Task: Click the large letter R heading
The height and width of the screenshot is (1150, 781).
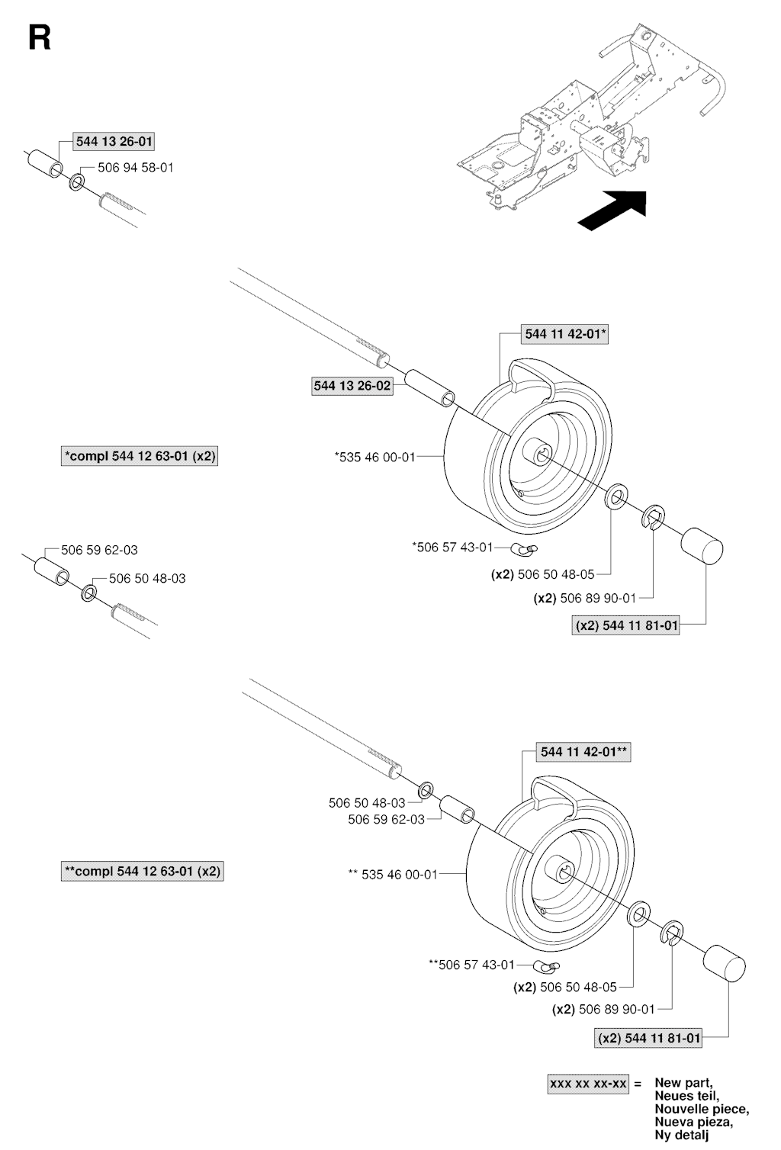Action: pos(39,37)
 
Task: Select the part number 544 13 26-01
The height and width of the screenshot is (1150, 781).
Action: pos(114,141)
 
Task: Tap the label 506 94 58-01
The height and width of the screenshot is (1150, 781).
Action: pos(135,167)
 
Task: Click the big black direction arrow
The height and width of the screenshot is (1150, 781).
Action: pos(612,209)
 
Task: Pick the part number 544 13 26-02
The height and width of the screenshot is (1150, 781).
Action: pos(352,386)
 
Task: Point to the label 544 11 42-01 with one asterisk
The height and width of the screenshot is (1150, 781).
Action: pos(565,333)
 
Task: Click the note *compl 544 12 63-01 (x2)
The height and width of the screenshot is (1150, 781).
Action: pos(140,456)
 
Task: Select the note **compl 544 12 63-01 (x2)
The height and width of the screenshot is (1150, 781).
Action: pos(142,871)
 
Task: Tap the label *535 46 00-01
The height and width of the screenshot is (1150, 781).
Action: pos(374,457)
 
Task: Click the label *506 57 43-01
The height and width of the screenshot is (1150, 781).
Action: pos(452,547)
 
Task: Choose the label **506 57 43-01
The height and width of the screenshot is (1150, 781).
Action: pos(471,965)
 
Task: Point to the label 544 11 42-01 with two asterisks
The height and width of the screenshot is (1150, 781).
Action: pos(584,751)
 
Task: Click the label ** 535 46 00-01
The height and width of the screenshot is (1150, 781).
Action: pos(393,874)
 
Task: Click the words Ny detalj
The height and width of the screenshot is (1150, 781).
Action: pos(681,1136)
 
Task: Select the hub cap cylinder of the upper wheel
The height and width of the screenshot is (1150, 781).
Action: pos(702,546)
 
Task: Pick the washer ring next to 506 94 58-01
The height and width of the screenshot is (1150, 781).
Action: pos(78,183)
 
